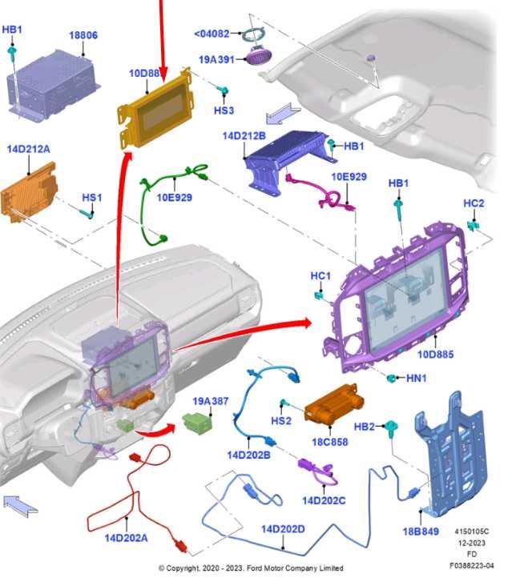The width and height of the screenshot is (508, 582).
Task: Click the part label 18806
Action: tap(83, 35)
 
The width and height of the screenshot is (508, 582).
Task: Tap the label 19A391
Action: tap(216, 59)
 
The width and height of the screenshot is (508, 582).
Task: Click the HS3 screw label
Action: tap(224, 110)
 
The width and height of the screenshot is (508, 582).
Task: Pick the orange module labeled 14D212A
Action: tap(29, 192)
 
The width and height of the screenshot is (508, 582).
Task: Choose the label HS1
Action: tap(92, 198)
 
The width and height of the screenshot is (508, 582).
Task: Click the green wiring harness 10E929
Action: tap(170, 203)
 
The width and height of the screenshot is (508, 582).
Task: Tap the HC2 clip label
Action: tap(474, 203)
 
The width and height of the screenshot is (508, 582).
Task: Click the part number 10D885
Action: tap(436, 355)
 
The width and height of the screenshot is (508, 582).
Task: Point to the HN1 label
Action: tap(416, 378)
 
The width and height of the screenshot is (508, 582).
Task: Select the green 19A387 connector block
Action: tap(197, 423)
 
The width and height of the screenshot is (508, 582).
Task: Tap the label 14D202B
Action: tap(248, 455)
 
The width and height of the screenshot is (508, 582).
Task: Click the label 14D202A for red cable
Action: tap(126, 538)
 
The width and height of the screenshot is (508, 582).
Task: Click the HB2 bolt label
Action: tap(365, 427)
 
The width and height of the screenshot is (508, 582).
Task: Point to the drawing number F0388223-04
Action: tap(472, 566)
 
